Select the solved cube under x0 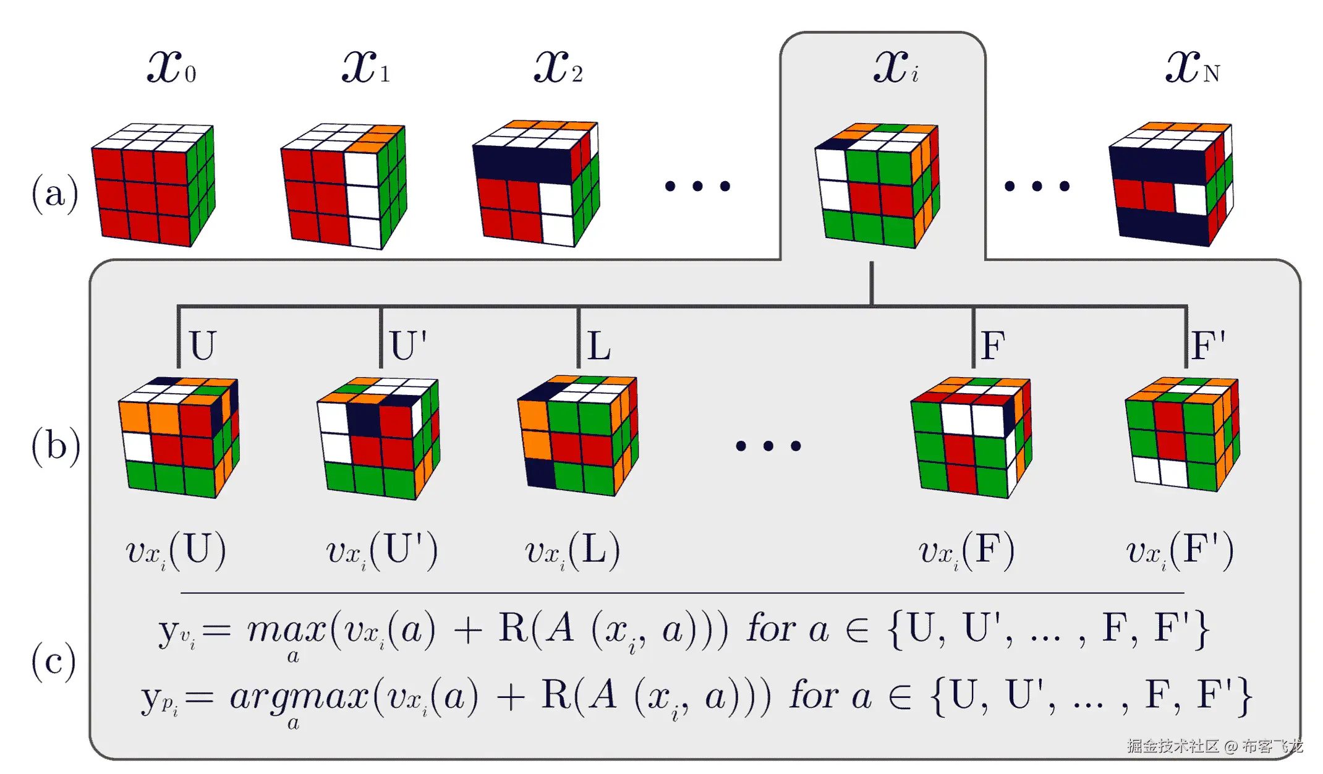tap(153, 185)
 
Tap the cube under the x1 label tap(344, 186)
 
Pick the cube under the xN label tap(1171, 184)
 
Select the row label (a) tap(55, 193)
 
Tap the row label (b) tap(56, 446)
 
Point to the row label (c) tap(54, 661)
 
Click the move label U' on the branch tap(409, 345)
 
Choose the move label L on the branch tap(599, 345)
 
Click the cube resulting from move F tap(971, 437)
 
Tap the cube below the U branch tap(179, 437)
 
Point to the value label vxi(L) tap(572, 551)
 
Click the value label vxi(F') tap(1180, 551)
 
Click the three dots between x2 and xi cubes tap(697, 186)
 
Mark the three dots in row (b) tap(768, 446)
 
